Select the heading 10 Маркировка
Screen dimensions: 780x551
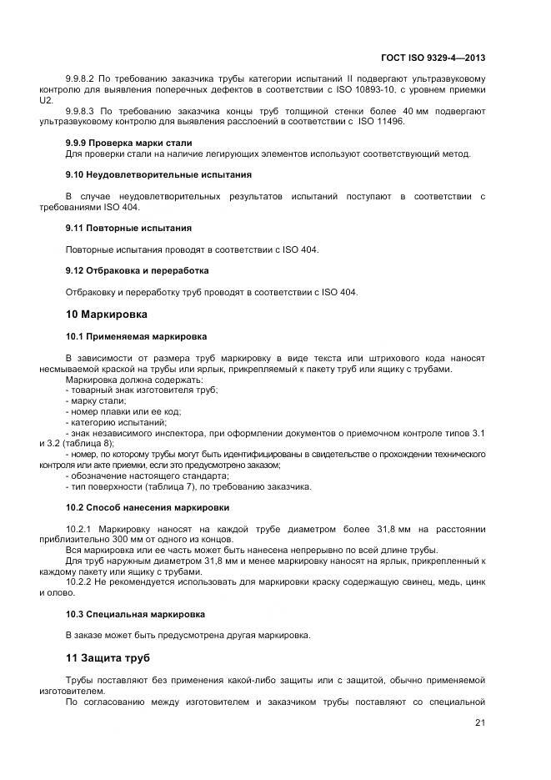click(x=106, y=315)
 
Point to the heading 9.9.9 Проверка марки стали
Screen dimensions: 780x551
click(x=128, y=143)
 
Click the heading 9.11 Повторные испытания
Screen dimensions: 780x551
click(x=128, y=227)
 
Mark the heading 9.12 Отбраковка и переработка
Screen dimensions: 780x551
click(x=137, y=270)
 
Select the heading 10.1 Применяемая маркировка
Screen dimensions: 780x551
click(x=136, y=336)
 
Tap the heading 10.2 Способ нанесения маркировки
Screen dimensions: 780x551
click(x=148, y=506)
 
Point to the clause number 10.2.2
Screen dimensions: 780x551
click(x=79, y=582)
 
